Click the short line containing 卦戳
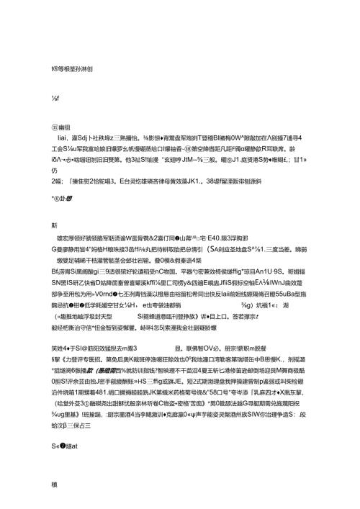coord(62,194)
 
